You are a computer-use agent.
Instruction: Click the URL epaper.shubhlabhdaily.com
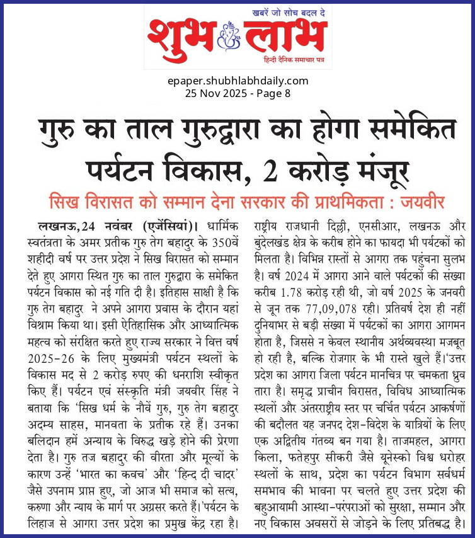[x=238, y=81]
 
